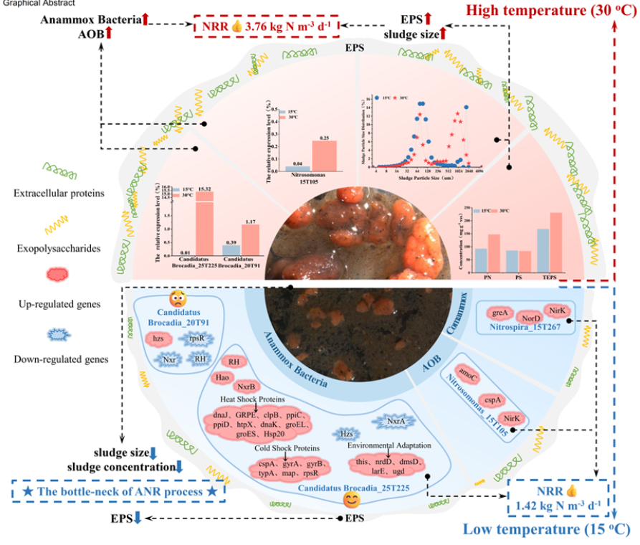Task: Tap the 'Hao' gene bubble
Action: coord(223,376)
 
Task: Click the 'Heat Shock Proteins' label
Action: coord(254,399)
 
